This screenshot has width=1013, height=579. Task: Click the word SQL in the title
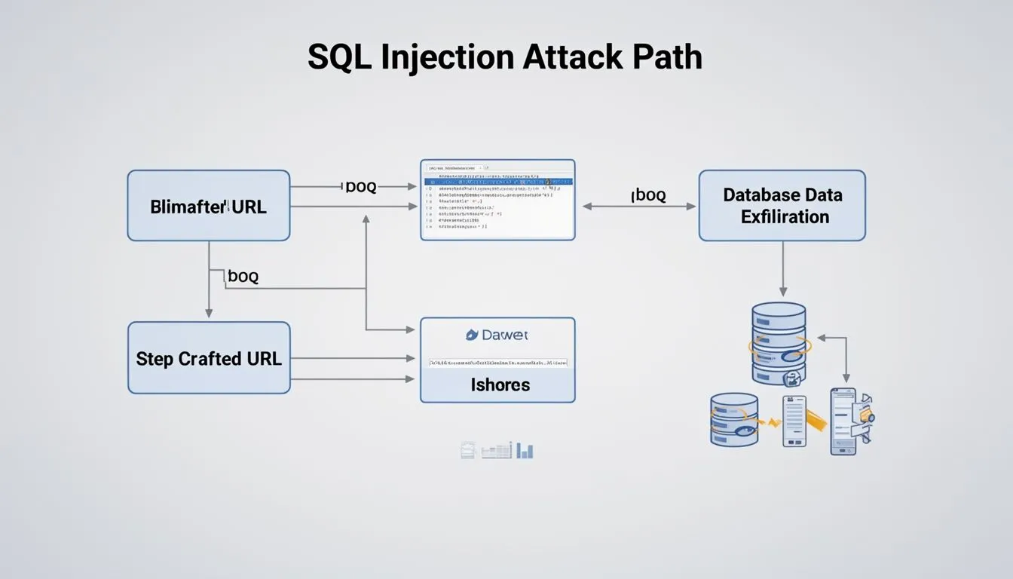tap(339, 58)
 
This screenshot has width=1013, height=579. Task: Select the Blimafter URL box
tap(208, 206)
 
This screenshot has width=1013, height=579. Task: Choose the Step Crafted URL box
tap(209, 358)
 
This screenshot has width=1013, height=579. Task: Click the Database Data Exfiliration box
tap(782, 206)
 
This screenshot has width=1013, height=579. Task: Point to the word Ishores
tap(500, 384)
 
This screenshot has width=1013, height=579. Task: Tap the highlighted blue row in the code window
tap(497, 182)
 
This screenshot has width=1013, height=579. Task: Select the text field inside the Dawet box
tap(497, 363)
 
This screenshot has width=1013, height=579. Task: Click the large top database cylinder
tap(779, 343)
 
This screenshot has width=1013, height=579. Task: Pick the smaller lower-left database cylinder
tap(733, 419)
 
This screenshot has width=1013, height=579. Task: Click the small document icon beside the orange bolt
tap(794, 421)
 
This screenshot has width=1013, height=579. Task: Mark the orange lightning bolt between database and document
tap(771, 422)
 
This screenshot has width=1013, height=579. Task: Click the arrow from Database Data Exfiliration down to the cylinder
tap(782, 268)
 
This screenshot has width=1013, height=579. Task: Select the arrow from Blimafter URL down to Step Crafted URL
tap(209, 280)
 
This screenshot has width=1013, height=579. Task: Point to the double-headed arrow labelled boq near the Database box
tap(639, 206)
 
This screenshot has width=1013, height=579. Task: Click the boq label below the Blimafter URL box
tap(243, 277)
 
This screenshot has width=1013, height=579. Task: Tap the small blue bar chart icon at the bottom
tap(525, 451)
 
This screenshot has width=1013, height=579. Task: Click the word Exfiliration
tap(785, 217)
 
